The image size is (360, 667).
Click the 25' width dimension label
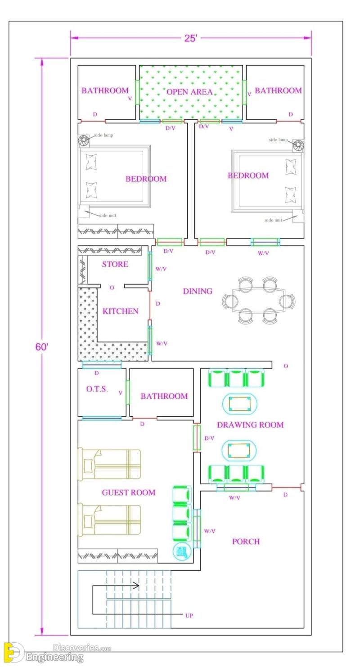pyautogui.click(x=190, y=38)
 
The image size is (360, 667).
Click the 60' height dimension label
pyautogui.click(x=42, y=347)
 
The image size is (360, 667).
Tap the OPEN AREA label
pyautogui.click(x=189, y=92)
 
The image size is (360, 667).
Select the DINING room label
pyautogui.click(x=197, y=291)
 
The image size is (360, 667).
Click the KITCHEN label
pyautogui.click(x=120, y=311)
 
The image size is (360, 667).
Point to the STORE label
pyautogui.click(x=115, y=264)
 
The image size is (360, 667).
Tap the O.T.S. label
pyautogui.click(x=97, y=389)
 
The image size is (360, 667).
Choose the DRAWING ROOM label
pyautogui.click(x=250, y=424)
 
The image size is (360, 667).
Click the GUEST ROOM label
pyautogui.click(x=128, y=492)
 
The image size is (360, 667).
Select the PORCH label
pyautogui.click(x=246, y=541)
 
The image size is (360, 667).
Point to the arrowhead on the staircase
pyautogui.click(x=136, y=586)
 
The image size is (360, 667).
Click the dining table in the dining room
pyautogui.click(x=258, y=301)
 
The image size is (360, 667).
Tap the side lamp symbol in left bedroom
pyautogui.click(x=84, y=140)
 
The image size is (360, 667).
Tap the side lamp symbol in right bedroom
pyautogui.click(x=298, y=145)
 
